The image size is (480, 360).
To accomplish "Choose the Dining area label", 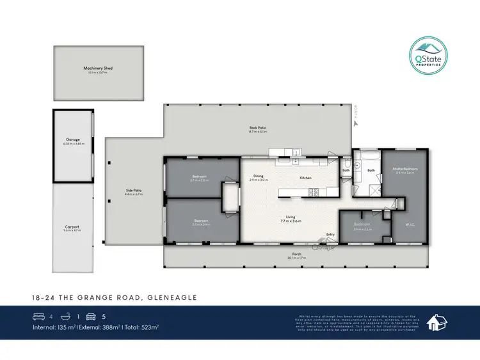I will (x=259, y=176).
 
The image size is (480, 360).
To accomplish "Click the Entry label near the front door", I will (x=330, y=234).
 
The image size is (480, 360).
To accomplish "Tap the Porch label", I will (x=296, y=255).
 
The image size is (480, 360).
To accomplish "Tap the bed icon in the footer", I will (x=38, y=316).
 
